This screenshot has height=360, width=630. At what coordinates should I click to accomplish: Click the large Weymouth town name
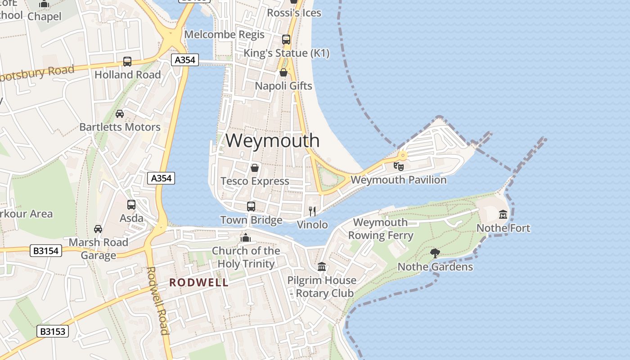[272, 140]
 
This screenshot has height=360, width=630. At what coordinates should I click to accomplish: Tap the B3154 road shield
[46, 251]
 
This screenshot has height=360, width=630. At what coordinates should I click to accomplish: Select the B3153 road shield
[53, 332]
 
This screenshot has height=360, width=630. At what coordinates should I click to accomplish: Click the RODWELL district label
[198, 283]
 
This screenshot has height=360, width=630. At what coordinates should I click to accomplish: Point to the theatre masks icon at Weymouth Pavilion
[399, 166]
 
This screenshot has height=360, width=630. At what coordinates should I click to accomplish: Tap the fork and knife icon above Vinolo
[313, 211]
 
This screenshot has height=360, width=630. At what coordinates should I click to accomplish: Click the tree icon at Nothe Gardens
[435, 253]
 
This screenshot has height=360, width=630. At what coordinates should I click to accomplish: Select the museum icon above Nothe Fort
[503, 215]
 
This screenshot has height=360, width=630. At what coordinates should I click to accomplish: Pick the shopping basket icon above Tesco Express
[255, 168]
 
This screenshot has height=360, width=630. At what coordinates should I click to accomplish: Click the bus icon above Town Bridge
[251, 207]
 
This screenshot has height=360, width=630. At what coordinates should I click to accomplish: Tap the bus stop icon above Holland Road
[127, 62]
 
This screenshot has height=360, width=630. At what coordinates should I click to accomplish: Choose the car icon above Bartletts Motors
[120, 113]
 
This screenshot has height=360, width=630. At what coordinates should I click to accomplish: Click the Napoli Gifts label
[283, 85]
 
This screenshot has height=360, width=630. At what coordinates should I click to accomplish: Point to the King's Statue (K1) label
[286, 53]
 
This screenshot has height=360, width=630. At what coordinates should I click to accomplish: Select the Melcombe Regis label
[225, 34]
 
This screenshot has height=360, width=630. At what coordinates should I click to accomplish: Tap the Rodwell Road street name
[157, 301]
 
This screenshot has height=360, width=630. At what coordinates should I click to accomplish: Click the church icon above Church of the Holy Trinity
[246, 238]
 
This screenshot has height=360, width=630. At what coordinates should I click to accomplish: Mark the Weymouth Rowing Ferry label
[380, 229]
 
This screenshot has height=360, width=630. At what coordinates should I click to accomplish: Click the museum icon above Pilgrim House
[322, 267]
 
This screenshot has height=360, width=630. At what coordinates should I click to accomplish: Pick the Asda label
[131, 218]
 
